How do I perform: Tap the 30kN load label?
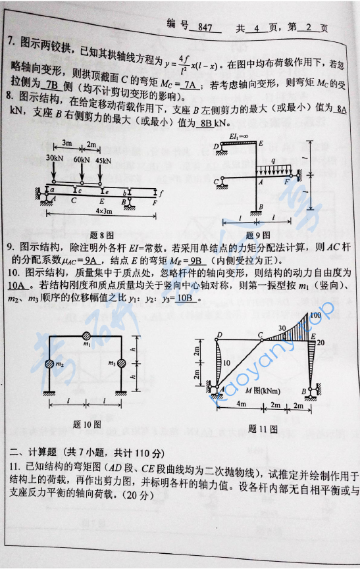55,159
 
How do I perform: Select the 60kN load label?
82,159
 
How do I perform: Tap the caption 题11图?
263,429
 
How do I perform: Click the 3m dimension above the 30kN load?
66,143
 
